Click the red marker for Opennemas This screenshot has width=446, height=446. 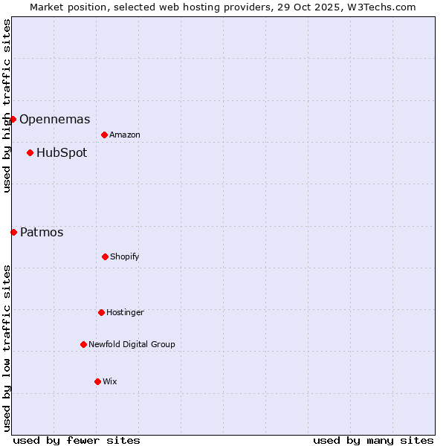point(13,119)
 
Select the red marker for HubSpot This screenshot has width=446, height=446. point(30,152)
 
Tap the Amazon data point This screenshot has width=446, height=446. point(104,135)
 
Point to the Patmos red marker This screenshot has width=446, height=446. point(13,232)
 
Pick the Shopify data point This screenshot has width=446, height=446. point(105,256)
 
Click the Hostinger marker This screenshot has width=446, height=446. point(101,312)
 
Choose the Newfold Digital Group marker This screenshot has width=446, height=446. point(83,344)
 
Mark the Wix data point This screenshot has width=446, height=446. point(97,381)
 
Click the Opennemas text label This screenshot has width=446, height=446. point(54,119)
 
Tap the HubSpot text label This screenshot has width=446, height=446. point(62,152)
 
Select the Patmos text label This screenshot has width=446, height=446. point(42,232)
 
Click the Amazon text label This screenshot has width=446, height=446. point(125,135)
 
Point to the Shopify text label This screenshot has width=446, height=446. point(125,256)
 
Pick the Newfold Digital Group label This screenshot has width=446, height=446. point(132,344)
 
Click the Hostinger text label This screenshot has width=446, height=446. point(125,312)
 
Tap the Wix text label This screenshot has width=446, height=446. point(110,381)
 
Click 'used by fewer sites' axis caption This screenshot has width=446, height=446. point(77,440)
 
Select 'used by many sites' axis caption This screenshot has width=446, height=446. point(373,440)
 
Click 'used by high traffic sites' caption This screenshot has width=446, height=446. point(7,106)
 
